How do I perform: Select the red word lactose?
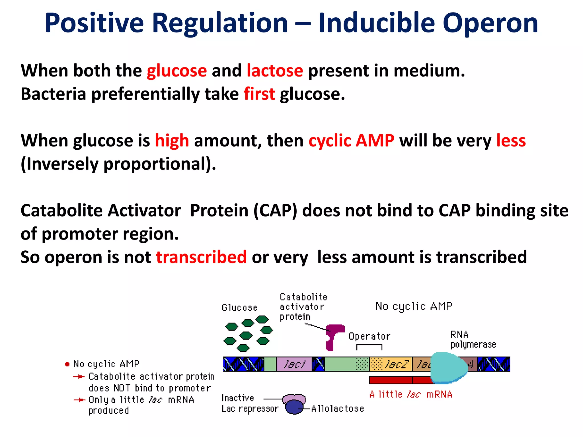coord(275,71)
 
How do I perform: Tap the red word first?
coord(259,94)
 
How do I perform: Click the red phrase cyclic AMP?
coord(351,141)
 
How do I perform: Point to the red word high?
coord(172,141)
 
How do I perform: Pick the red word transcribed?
coord(201,257)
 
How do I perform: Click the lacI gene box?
coord(294,364)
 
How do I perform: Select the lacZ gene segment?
coord(391,364)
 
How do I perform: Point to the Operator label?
coord(369,336)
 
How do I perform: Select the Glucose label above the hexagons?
coord(239,308)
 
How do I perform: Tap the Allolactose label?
coord(337,409)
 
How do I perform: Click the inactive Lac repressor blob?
coord(294,404)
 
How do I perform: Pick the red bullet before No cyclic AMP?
coord(67,364)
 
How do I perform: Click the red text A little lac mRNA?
coord(410,394)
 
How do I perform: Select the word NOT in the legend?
coord(122,388)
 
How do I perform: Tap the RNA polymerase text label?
coord(473,339)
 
